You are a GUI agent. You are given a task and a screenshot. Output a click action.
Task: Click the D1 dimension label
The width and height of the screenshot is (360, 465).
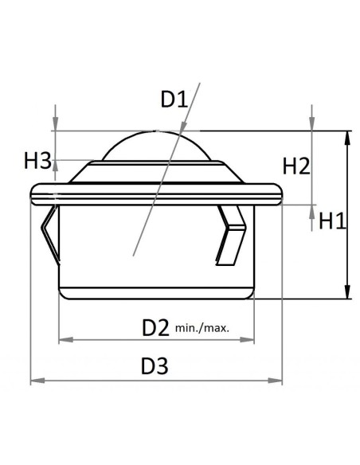click(174, 100)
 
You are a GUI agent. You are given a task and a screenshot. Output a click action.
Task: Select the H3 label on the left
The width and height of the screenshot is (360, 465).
click(37, 161)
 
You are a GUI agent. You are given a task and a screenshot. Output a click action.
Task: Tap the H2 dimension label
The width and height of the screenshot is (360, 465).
click(296, 166)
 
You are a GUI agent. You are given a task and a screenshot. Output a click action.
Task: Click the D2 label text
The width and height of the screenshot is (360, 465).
click(156, 326)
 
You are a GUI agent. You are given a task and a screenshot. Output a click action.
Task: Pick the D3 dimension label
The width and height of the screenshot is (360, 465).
click(155, 367)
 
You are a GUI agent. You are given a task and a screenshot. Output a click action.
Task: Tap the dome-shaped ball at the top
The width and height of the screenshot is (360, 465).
click(156, 148)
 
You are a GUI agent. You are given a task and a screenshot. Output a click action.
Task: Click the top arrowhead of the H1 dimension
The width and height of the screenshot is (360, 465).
click(347, 138)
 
